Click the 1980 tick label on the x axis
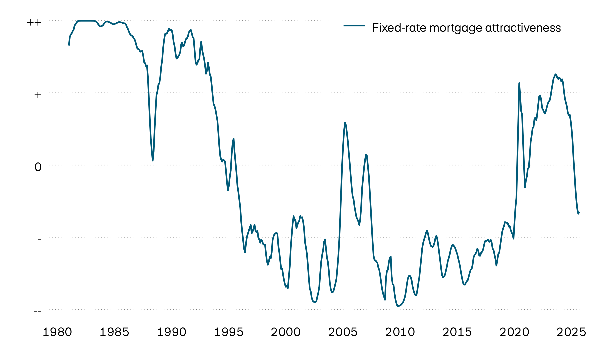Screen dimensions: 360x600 tap(57, 332)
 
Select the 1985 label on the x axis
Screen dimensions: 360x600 tap(114, 332)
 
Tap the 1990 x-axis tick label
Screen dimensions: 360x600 tap(171, 332)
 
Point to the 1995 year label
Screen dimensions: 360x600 tap(228, 332)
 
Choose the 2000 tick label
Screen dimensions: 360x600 tap(286, 332)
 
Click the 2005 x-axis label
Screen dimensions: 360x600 tap(343, 332)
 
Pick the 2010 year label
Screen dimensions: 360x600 tap(400, 332)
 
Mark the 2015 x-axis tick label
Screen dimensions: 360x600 tap(457, 332)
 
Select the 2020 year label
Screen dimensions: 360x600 tap(514, 332)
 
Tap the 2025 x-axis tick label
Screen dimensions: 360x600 tap(571, 332)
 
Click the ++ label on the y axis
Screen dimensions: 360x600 tap(34, 22)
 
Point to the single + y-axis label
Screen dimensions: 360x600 tap(38, 95)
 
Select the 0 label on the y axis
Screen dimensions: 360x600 tap(38, 167)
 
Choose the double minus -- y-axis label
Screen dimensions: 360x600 tap(38, 311)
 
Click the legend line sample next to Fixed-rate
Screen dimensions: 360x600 tap(354, 25)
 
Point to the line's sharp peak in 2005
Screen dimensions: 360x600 tap(345, 123)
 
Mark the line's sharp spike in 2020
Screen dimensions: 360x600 tap(519, 83)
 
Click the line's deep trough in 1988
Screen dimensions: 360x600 tap(153, 161)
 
